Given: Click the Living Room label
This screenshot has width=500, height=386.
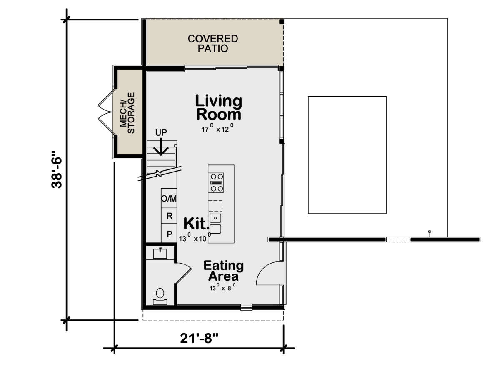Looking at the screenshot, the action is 219,107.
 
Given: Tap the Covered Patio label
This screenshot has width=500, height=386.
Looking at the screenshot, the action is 213,43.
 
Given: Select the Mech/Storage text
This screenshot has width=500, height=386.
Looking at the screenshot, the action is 127,113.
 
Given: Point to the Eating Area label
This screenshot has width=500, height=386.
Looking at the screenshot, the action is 223,271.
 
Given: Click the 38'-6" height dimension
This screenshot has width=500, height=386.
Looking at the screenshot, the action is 56,169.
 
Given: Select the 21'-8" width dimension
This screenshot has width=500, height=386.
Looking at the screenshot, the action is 199,338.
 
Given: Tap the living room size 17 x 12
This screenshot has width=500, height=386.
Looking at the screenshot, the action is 217,128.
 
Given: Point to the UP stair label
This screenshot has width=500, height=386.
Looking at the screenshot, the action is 161,133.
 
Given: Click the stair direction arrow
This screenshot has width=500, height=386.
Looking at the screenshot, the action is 161,147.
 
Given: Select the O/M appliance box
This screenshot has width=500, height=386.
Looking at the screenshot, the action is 169,198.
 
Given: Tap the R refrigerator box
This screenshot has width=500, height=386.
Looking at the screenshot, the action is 169,216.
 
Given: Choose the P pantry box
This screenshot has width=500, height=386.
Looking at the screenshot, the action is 169,234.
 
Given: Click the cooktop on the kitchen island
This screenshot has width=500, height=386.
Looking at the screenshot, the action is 216,183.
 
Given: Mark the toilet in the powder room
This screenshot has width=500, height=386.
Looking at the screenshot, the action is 160,296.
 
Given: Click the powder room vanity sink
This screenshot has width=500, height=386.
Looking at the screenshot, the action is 160,253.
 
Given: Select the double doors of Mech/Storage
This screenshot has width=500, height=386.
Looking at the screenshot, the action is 105,113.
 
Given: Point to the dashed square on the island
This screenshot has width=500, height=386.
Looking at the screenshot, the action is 215,206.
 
